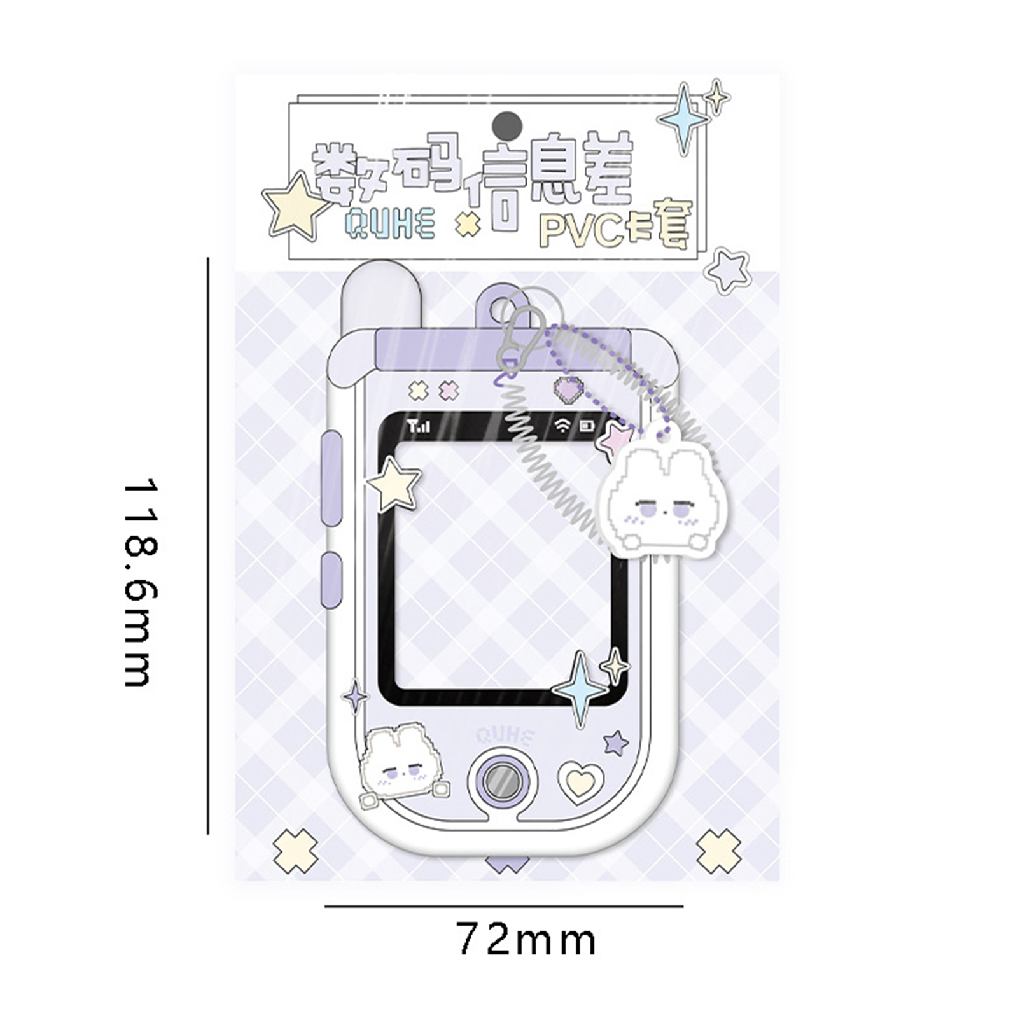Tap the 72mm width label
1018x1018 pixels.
click(x=526, y=940)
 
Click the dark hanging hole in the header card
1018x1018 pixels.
click(x=507, y=123)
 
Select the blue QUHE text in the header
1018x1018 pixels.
click(x=389, y=223)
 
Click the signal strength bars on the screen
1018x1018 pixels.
click(x=419, y=426)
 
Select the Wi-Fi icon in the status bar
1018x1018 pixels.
click(x=562, y=426)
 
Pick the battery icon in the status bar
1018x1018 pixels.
click(x=586, y=426)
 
